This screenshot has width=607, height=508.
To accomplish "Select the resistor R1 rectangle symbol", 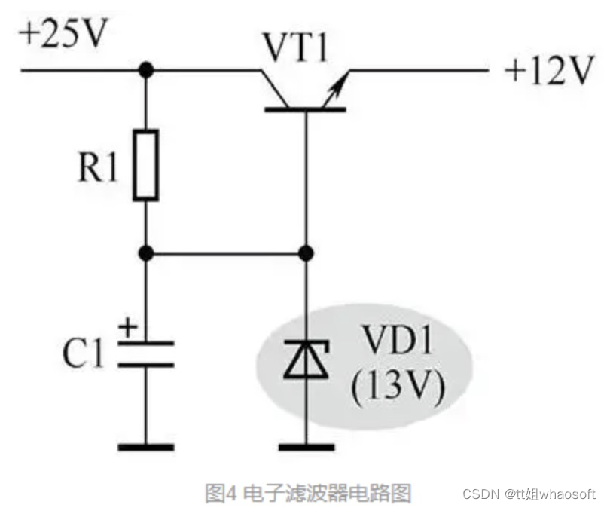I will click(x=146, y=164).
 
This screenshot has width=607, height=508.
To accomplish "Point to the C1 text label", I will click(x=84, y=354).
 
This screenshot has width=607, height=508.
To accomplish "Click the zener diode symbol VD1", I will click(x=305, y=361).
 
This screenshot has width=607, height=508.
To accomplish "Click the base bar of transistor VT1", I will click(x=305, y=110).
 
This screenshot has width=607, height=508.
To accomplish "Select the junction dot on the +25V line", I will click(x=146, y=70).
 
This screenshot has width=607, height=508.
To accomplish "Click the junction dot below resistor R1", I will click(x=146, y=253).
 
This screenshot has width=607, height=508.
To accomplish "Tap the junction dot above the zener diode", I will click(x=305, y=253).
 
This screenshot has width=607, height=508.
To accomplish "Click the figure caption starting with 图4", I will click(x=308, y=494).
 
